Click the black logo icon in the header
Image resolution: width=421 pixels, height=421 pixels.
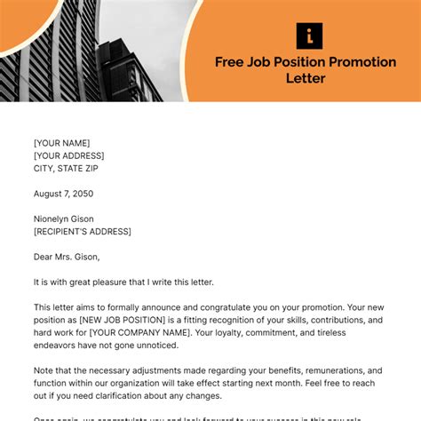[x=309, y=36]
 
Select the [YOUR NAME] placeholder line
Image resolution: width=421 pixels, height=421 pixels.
[x=61, y=142]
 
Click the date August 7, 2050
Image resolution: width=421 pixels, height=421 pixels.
[x=63, y=193]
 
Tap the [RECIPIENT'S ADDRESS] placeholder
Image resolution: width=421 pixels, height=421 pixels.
[x=83, y=231]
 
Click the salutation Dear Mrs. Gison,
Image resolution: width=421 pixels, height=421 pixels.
[x=68, y=257]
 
